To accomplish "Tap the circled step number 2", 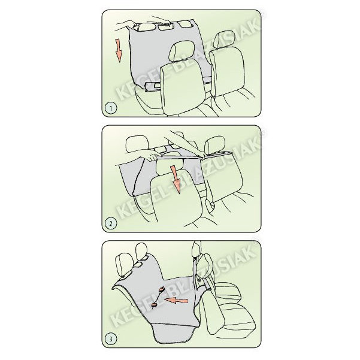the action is click(x=111, y=223).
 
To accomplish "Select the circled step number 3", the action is click(x=111, y=339).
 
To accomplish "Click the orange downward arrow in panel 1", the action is click(x=118, y=50).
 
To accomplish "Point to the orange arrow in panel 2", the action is click(x=176, y=179).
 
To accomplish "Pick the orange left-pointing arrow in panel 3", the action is click(x=176, y=300).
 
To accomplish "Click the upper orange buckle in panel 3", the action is click(x=161, y=289).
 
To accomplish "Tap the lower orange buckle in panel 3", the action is click(x=153, y=305).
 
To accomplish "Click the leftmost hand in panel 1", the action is click(x=124, y=25).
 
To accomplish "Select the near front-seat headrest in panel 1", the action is click(x=181, y=50).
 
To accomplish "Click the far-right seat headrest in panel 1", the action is click(x=224, y=39).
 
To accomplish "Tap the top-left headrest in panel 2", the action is click(x=137, y=144).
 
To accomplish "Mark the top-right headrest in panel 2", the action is click(x=214, y=144).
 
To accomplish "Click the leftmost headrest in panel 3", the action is click(x=124, y=265).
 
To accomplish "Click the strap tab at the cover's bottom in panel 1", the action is click(x=153, y=86).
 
